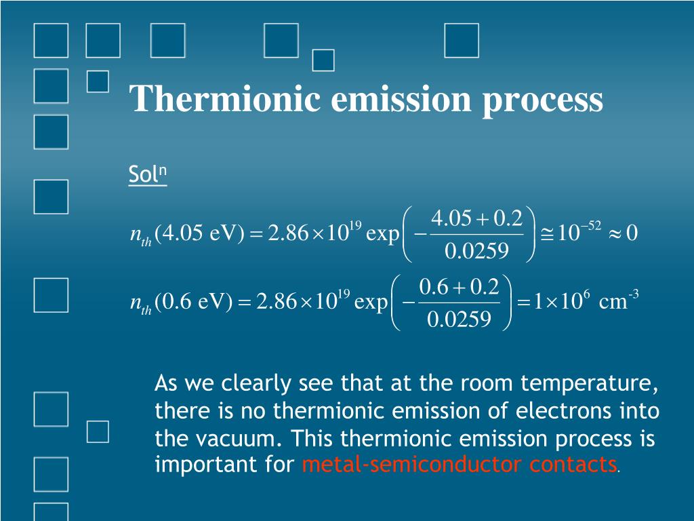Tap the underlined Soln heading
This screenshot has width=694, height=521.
[147, 175]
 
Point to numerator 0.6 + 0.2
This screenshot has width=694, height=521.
[460, 287]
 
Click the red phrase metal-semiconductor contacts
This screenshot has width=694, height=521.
[459, 465]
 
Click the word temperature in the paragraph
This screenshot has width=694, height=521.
[589, 384]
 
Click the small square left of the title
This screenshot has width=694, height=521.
[98, 81]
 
